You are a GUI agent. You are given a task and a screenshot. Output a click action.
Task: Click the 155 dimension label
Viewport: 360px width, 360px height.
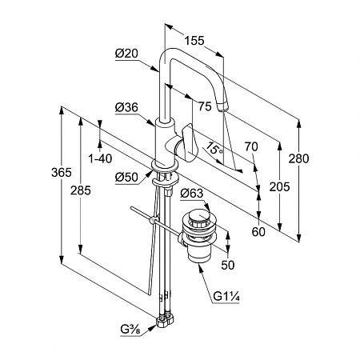tap(194, 41)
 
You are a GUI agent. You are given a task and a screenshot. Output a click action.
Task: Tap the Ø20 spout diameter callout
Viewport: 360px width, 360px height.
tap(126, 54)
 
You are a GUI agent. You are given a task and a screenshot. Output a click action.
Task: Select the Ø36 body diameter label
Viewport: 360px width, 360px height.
tap(126, 107)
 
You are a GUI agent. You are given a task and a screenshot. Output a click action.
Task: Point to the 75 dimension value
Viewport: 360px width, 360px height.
tap(205, 106)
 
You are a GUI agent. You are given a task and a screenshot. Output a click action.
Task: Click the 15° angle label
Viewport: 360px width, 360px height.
tap(215, 149)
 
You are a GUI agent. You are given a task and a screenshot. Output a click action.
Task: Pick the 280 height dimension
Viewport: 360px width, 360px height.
tap(298, 158)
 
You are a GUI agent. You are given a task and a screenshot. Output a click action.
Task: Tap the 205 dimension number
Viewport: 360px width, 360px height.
tap(279, 186)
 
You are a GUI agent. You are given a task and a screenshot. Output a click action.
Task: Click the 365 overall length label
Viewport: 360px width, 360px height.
tap(62, 173)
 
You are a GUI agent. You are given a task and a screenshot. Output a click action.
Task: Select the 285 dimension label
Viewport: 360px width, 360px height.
tap(81, 190)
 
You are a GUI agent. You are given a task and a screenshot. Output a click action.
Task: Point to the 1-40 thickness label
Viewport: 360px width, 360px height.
tap(100, 159)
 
